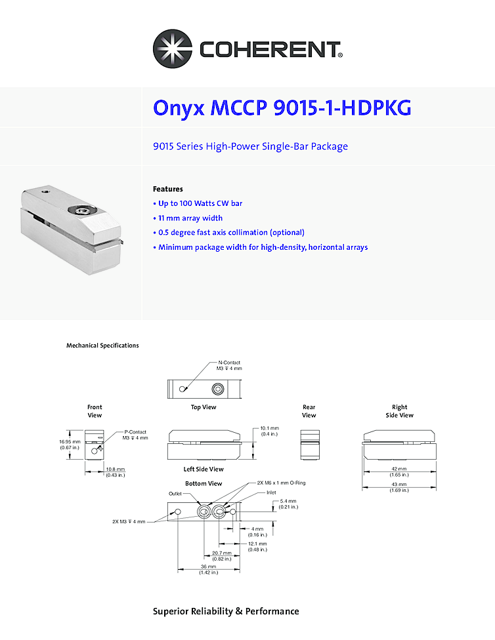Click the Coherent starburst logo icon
point(173,49)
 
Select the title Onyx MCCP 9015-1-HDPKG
point(282,108)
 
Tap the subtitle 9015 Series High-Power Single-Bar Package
point(250,146)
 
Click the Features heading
point(167,189)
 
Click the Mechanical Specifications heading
point(102,346)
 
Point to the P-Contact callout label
point(135,435)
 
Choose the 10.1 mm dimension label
point(269,431)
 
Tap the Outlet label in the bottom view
point(175,494)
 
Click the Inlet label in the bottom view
point(271,492)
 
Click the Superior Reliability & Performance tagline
point(226,611)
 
